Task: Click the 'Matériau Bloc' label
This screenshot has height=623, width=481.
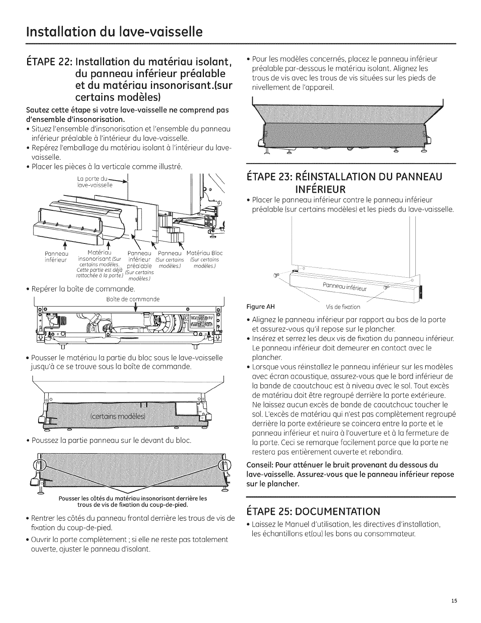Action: pos(204,253)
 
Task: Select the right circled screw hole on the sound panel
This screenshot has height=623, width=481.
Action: pos(223,466)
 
